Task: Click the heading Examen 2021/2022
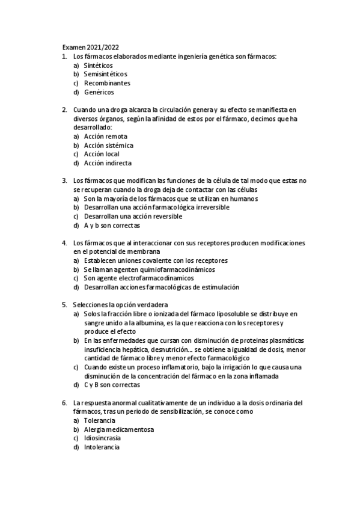(x=94, y=48)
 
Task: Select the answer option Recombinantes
(x=107, y=83)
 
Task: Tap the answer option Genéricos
(x=99, y=92)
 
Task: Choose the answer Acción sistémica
(x=108, y=145)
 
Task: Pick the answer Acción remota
(x=105, y=137)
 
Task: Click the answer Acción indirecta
(x=108, y=163)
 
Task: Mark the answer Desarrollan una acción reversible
(x=133, y=216)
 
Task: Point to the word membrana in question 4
(x=143, y=251)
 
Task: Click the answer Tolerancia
(x=100, y=420)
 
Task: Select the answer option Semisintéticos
(x=105, y=74)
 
